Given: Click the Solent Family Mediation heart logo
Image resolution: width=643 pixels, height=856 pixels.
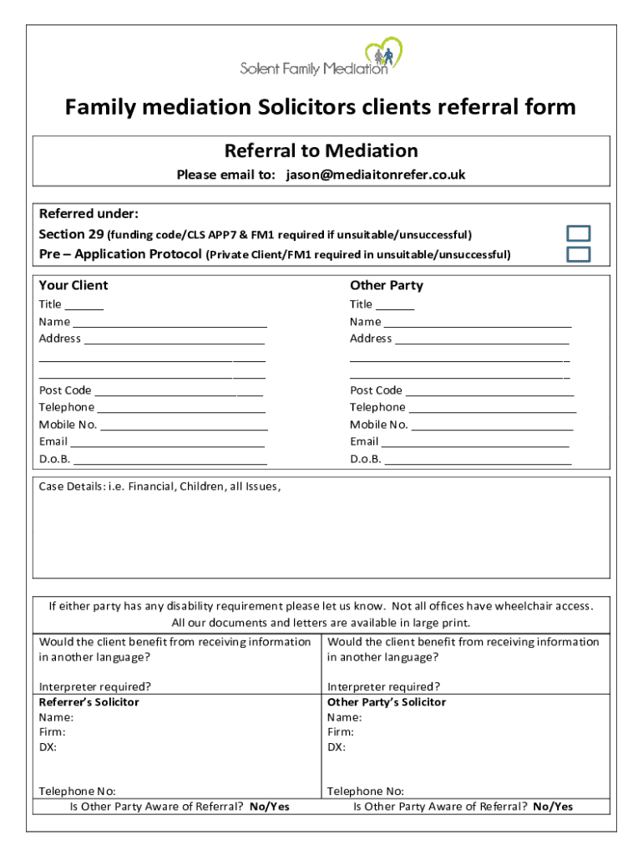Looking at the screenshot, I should pos(384,55).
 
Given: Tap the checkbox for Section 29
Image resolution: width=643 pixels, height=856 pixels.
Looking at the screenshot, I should pos(578,234).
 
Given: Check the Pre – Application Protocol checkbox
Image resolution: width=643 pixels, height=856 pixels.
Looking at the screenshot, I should pos(578,254).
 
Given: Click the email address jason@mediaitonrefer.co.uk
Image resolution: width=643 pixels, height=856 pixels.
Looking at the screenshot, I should pos(375,175).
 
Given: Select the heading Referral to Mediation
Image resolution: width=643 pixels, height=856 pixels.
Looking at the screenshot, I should pos(321,151).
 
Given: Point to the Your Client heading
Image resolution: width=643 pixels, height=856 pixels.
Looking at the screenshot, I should pos(73,285).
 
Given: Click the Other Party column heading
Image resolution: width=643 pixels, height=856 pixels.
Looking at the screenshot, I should pos(386,285).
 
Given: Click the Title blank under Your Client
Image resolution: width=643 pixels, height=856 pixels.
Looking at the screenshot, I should pos(84,305).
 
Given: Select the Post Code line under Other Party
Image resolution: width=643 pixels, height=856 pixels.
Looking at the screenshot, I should pos(489,390).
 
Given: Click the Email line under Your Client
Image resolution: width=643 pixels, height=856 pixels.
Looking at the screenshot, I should pos(167,441).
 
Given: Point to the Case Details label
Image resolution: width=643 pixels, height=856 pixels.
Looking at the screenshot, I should pos(159,487).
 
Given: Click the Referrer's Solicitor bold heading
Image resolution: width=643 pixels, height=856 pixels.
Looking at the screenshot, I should pos(89,702).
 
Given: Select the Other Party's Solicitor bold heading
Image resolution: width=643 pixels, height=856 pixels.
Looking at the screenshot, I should pos(387,702).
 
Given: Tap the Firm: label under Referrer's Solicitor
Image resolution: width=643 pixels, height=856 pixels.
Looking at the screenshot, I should pos(53,732).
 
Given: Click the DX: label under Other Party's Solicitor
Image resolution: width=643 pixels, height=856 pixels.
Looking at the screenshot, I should pos(337,747).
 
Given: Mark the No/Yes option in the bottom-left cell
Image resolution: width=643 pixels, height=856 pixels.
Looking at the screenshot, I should pos(269,807).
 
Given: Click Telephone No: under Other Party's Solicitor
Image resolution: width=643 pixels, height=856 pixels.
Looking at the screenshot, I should pos(366,791).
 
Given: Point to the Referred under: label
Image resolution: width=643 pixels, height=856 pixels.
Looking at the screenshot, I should pos(83,213).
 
